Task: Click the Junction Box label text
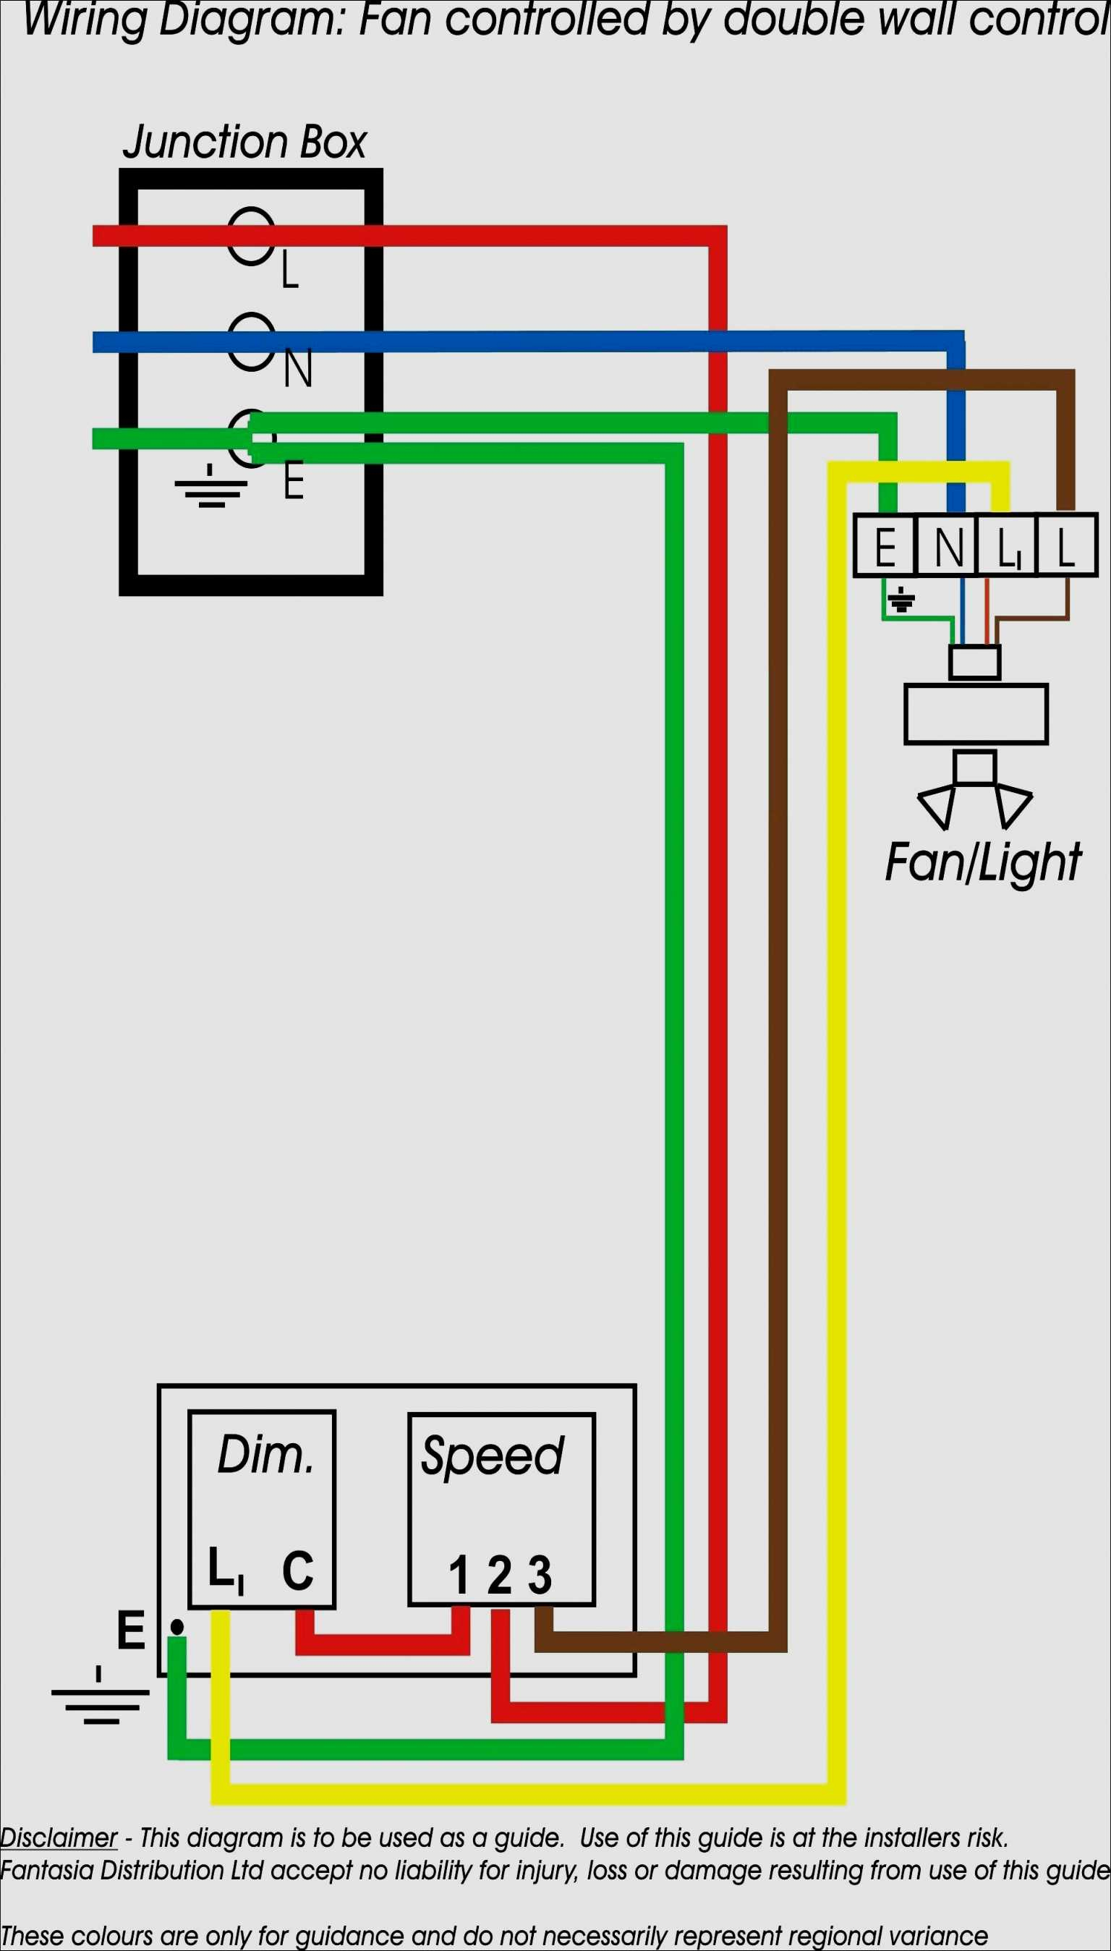pos(244,143)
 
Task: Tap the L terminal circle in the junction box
pos(251,236)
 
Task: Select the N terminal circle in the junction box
pos(251,342)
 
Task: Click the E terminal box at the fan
pos(885,546)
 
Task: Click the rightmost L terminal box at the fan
pos(1067,546)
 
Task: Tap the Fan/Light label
pos(983,863)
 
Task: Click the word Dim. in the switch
pos(265,1455)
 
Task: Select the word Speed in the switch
pos(493,1455)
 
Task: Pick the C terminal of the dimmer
pos(297,1570)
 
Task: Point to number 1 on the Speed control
pos(459,1576)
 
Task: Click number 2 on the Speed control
pos(499,1576)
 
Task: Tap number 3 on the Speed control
pos(540,1576)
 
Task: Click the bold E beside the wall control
pos(131,1631)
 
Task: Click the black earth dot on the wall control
pos(177,1628)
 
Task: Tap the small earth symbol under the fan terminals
pos(902,600)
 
